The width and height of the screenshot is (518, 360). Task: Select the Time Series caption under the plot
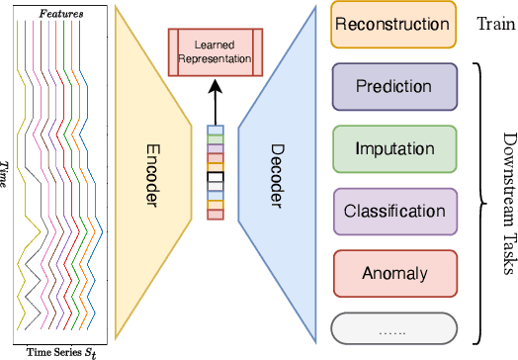(61, 351)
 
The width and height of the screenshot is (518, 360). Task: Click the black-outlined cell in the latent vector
(216, 179)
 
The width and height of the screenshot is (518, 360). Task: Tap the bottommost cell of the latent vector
(216, 214)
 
